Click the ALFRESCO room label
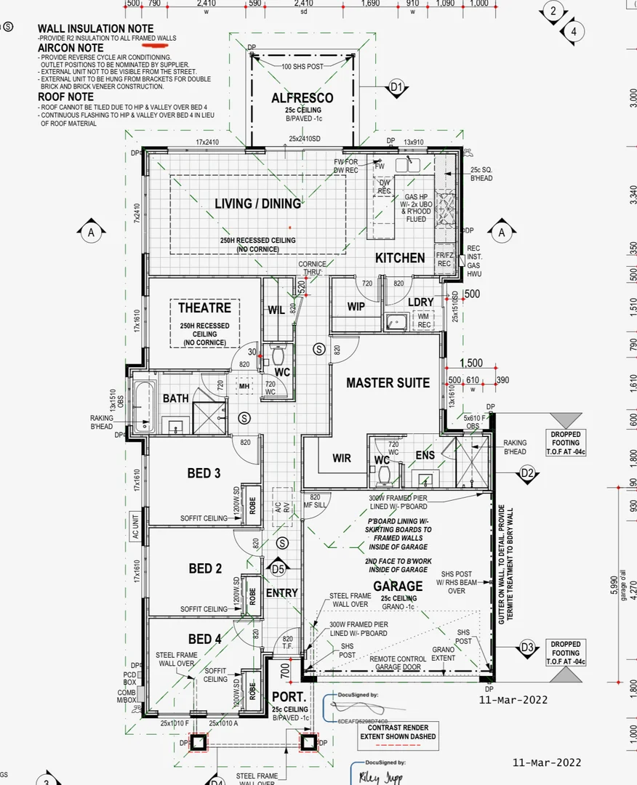303,98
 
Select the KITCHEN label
400,258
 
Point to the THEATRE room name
204,308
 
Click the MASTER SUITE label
388,383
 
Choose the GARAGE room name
398,586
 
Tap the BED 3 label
204,473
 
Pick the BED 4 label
204,639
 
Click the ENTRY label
282,593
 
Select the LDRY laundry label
421,302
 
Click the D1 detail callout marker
396,88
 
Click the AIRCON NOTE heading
71,48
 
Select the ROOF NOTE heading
65,97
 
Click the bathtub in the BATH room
142,406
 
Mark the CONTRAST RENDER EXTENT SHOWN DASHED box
398,732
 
